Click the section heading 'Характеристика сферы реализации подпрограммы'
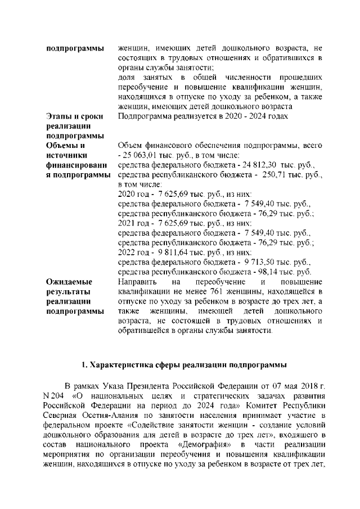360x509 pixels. (x=184, y=364)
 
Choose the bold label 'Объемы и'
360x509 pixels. (x=65, y=146)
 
